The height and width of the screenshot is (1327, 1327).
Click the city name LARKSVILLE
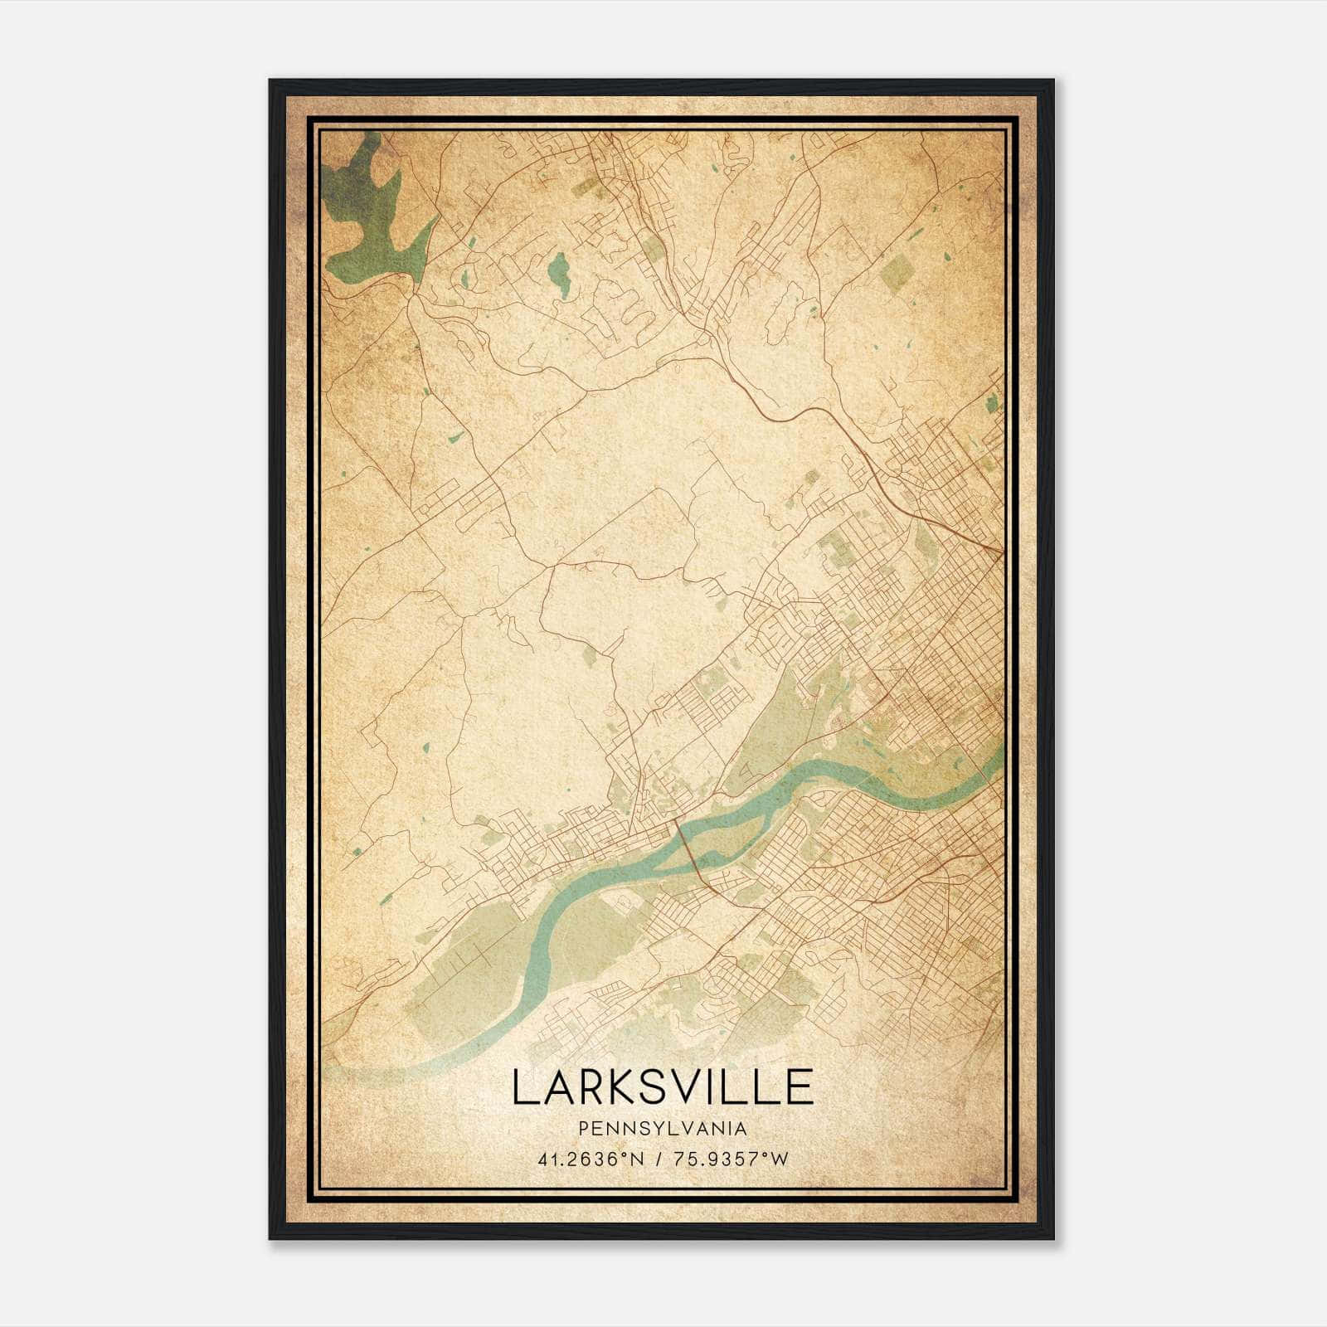tap(662, 1087)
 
